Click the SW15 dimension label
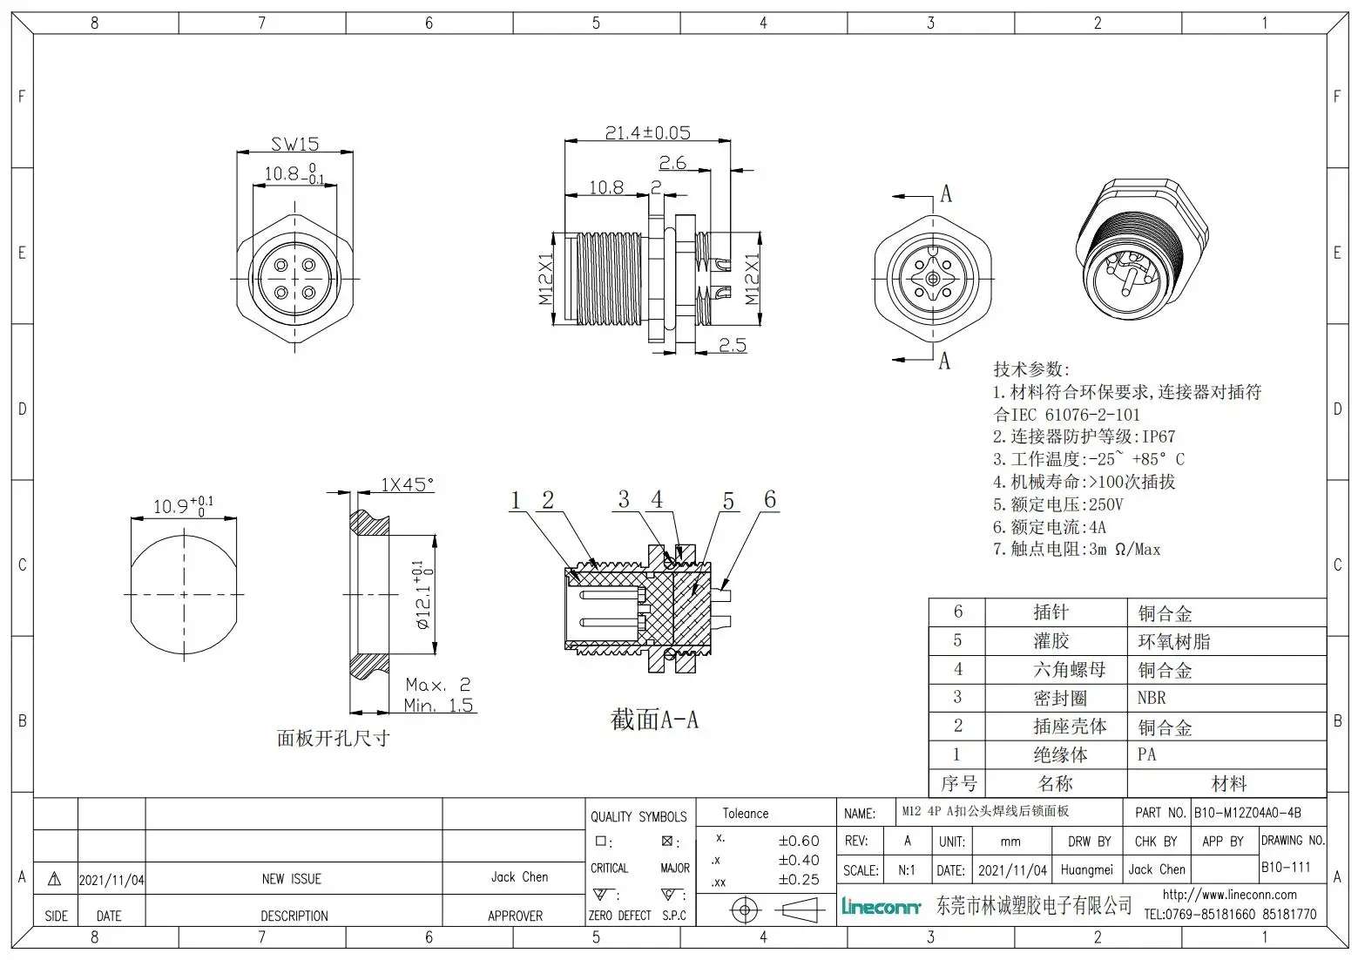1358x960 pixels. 294,144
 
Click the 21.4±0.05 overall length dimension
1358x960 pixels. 647,132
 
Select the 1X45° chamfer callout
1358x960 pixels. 407,484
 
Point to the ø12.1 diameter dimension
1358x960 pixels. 422,595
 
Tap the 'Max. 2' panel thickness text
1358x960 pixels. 437,685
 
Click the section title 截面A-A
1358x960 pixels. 654,720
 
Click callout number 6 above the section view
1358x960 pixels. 770,499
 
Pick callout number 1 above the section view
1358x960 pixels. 516,500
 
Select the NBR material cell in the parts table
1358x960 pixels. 1151,698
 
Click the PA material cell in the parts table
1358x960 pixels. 1146,754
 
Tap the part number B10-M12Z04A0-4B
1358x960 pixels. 1247,812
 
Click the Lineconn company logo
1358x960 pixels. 881,908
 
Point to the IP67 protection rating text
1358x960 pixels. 1159,436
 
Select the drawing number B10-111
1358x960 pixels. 1286,867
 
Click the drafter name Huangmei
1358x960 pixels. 1087,869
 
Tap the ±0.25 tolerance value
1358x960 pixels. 798,880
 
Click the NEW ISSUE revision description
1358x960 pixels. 292,879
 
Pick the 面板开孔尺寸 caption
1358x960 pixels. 333,739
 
